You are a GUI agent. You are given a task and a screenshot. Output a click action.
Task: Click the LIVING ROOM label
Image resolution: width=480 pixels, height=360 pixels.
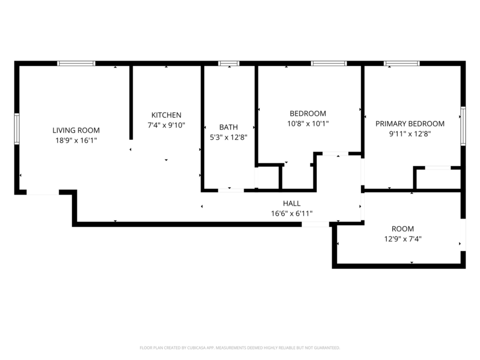pos(76,131)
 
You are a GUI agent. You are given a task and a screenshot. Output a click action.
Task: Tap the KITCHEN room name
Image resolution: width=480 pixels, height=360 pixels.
pos(166,115)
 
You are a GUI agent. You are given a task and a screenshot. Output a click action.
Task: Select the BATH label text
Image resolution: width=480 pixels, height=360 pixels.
pos(228,127)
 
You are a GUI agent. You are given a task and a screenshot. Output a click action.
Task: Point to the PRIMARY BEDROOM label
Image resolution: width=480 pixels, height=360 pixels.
pos(410,124)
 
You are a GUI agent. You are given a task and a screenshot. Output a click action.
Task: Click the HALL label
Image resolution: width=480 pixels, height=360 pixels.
pos(292,203)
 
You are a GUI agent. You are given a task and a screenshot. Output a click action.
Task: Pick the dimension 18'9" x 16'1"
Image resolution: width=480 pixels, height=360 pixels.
pos(76,140)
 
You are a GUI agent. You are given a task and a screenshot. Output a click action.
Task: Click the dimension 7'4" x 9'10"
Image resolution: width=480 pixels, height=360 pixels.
pos(166,125)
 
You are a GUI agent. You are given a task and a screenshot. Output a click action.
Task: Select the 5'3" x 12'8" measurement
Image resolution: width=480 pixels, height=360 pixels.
pos(228,137)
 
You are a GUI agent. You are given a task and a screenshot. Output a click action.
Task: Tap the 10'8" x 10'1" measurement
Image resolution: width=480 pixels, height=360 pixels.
pos(308,124)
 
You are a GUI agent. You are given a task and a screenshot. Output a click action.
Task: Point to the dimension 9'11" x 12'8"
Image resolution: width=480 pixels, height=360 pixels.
pos(410,134)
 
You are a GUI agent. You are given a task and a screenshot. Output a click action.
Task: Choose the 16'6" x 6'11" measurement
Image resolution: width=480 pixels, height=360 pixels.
pos(292,213)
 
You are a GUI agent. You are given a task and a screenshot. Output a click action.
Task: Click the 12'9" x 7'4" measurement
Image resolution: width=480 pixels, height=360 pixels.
pos(403,239)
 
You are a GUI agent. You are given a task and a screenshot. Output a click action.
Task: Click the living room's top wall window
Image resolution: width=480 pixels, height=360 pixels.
pos(76,63)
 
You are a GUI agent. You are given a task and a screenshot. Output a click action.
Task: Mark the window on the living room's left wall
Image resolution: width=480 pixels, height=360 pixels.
pos(17,129)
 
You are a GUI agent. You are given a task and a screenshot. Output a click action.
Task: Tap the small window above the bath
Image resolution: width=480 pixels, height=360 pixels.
pos(229,63)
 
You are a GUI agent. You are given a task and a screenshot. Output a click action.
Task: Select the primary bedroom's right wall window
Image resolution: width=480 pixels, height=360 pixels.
pos(463,126)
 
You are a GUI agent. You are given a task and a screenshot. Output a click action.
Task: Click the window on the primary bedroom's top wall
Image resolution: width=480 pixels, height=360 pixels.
pos(402,63)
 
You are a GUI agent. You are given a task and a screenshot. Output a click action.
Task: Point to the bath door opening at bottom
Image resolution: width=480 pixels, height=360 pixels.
pos(231,190)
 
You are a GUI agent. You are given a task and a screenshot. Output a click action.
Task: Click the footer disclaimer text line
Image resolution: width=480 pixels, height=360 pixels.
pos(240,348)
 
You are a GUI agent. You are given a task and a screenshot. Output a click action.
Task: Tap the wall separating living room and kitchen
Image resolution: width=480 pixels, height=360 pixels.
pos(131,102)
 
